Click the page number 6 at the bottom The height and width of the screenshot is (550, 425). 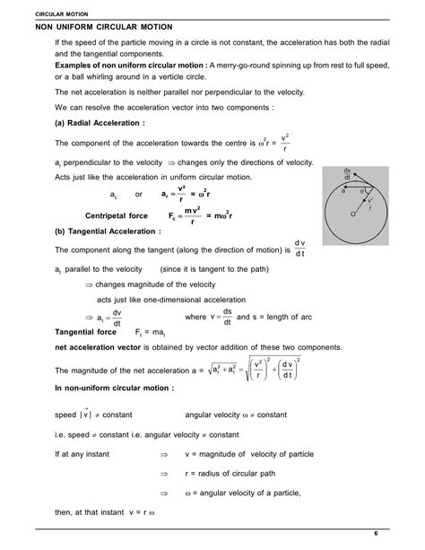point(401,534)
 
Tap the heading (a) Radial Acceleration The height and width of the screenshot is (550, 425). point(100,122)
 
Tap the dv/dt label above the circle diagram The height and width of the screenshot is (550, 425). point(347,174)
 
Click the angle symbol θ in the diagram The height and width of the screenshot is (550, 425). point(361,191)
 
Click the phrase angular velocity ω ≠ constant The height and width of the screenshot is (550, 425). point(236,415)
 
